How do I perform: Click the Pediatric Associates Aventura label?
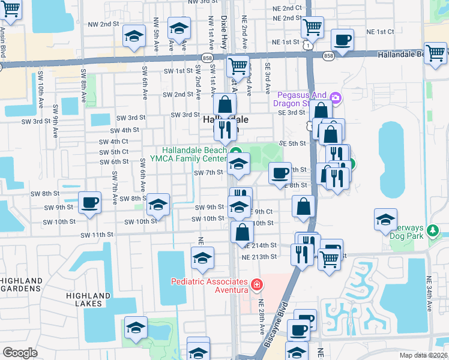[x=209, y=286]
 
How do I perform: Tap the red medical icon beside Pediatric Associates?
[x=257, y=284]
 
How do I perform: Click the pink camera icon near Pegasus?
[x=336, y=97]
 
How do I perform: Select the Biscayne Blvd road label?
[x=278, y=325]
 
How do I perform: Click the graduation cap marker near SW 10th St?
[x=158, y=205]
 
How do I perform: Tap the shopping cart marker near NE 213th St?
[x=329, y=259]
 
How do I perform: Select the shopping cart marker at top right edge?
[x=435, y=53]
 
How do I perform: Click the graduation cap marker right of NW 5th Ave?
[x=178, y=29]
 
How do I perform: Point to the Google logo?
[x=20, y=353]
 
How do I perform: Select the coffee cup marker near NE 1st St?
[x=342, y=40]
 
